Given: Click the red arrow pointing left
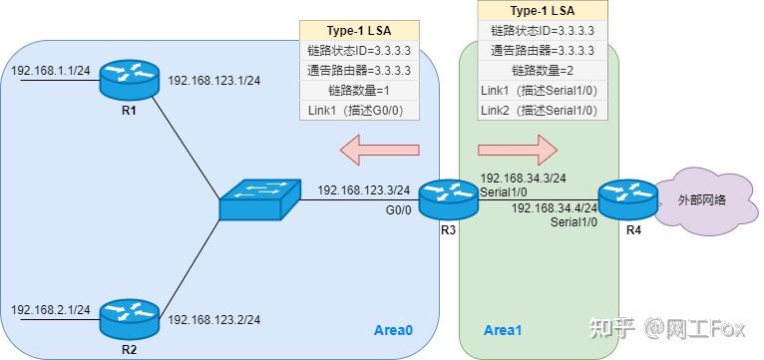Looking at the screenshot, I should coord(379,152).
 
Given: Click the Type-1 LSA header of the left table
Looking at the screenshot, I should coord(360,31).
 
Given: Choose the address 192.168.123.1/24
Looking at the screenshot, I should coord(214,81).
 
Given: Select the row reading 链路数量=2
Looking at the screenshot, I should coord(545,70).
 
